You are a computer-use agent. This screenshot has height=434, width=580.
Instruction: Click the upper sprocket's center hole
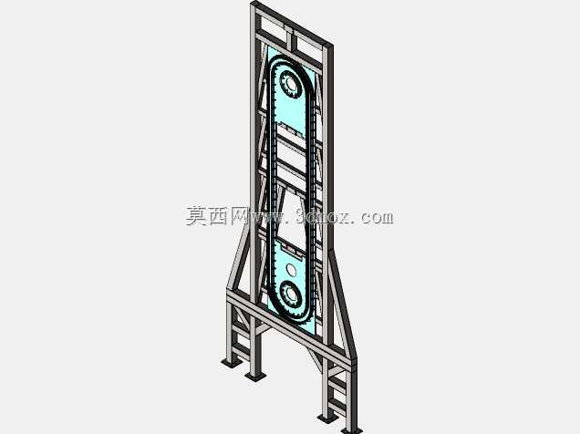click(x=291, y=85)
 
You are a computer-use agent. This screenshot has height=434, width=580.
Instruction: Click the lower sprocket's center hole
click(x=291, y=294)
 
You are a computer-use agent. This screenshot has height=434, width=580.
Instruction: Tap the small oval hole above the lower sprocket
click(x=292, y=270)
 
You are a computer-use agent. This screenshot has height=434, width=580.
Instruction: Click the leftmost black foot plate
click(x=232, y=363)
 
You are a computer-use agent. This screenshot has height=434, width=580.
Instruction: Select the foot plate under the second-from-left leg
click(x=255, y=376)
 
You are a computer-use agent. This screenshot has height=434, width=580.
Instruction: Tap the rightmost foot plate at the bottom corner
click(x=351, y=430)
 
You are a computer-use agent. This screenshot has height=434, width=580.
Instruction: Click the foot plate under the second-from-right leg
click(x=327, y=418)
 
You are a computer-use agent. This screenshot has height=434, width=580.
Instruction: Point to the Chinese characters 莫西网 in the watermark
click(x=217, y=216)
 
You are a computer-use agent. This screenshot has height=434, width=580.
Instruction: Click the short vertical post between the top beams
click(x=290, y=37)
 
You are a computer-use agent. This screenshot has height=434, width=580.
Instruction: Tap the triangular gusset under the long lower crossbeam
click(x=316, y=359)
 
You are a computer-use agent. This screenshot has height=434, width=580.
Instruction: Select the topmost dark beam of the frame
click(x=292, y=23)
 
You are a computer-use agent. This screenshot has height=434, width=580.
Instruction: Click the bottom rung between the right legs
click(x=337, y=406)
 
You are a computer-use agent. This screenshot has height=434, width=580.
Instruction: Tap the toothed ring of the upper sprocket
click(x=291, y=85)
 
